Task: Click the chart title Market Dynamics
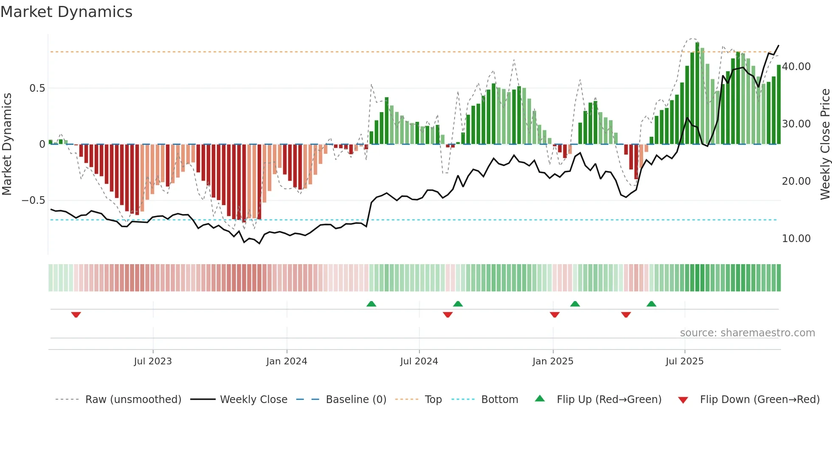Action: (x=66, y=12)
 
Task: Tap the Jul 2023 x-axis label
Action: (x=153, y=361)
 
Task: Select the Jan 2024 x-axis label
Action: (x=287, y=361)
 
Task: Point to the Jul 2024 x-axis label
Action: (x=419, y=361)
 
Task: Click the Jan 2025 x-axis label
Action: (x=553, y=361)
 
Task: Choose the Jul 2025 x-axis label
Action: (x=684, y=361)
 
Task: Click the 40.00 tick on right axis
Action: (x=796, y=67)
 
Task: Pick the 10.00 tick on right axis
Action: (x=796, y=239)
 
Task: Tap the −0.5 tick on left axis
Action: (x=33, y=200)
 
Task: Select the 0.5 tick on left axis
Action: (x=37, y=88)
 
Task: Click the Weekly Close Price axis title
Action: (x=825, y=144)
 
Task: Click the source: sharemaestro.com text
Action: (x=747, y=333)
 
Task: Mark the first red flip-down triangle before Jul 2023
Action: (x=76, y=315)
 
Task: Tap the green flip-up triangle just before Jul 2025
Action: (x=651, y=304)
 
